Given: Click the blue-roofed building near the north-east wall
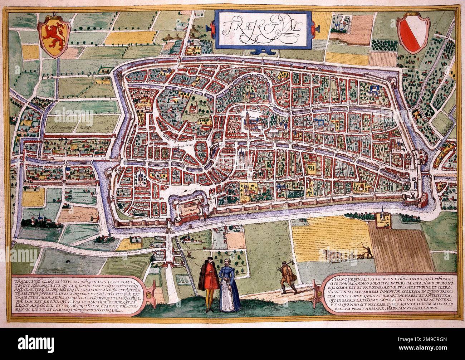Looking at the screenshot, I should pos(375,88).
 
